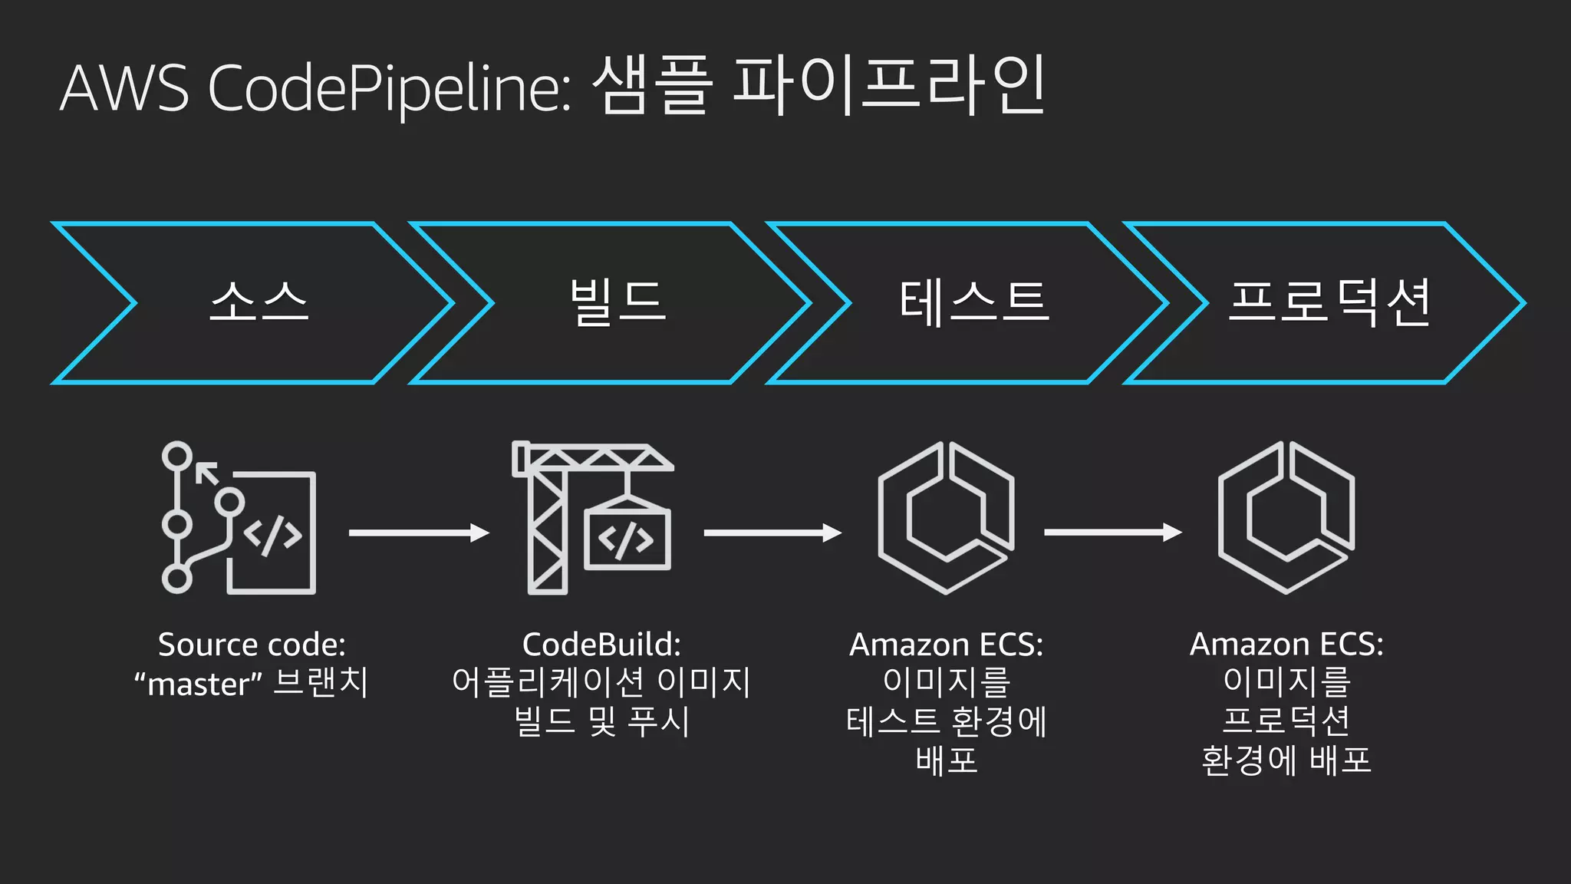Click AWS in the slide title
[x=124, y=89]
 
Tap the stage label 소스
[x=259, y=302]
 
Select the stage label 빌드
[x=618, y=302]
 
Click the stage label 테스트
[x=973, y=302]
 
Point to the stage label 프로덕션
[x=1329, y=302]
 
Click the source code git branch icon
[x=239, y=518]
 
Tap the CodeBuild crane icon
[x=591, y=518]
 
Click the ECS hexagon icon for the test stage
[x=946, y=518]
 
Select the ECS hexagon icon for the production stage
[x=1286, y=518]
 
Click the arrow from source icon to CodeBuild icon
[x=419, y=533]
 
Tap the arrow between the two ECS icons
[x=1112, y=533]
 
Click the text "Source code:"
[x=252, y=645]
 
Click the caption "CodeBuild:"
[x=601, y=645]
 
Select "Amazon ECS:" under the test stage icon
[x=946, y=645]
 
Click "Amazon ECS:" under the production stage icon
[x=1286, y=645]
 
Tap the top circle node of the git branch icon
[x=177, y=456]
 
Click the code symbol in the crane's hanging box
[x=627, y=539]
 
